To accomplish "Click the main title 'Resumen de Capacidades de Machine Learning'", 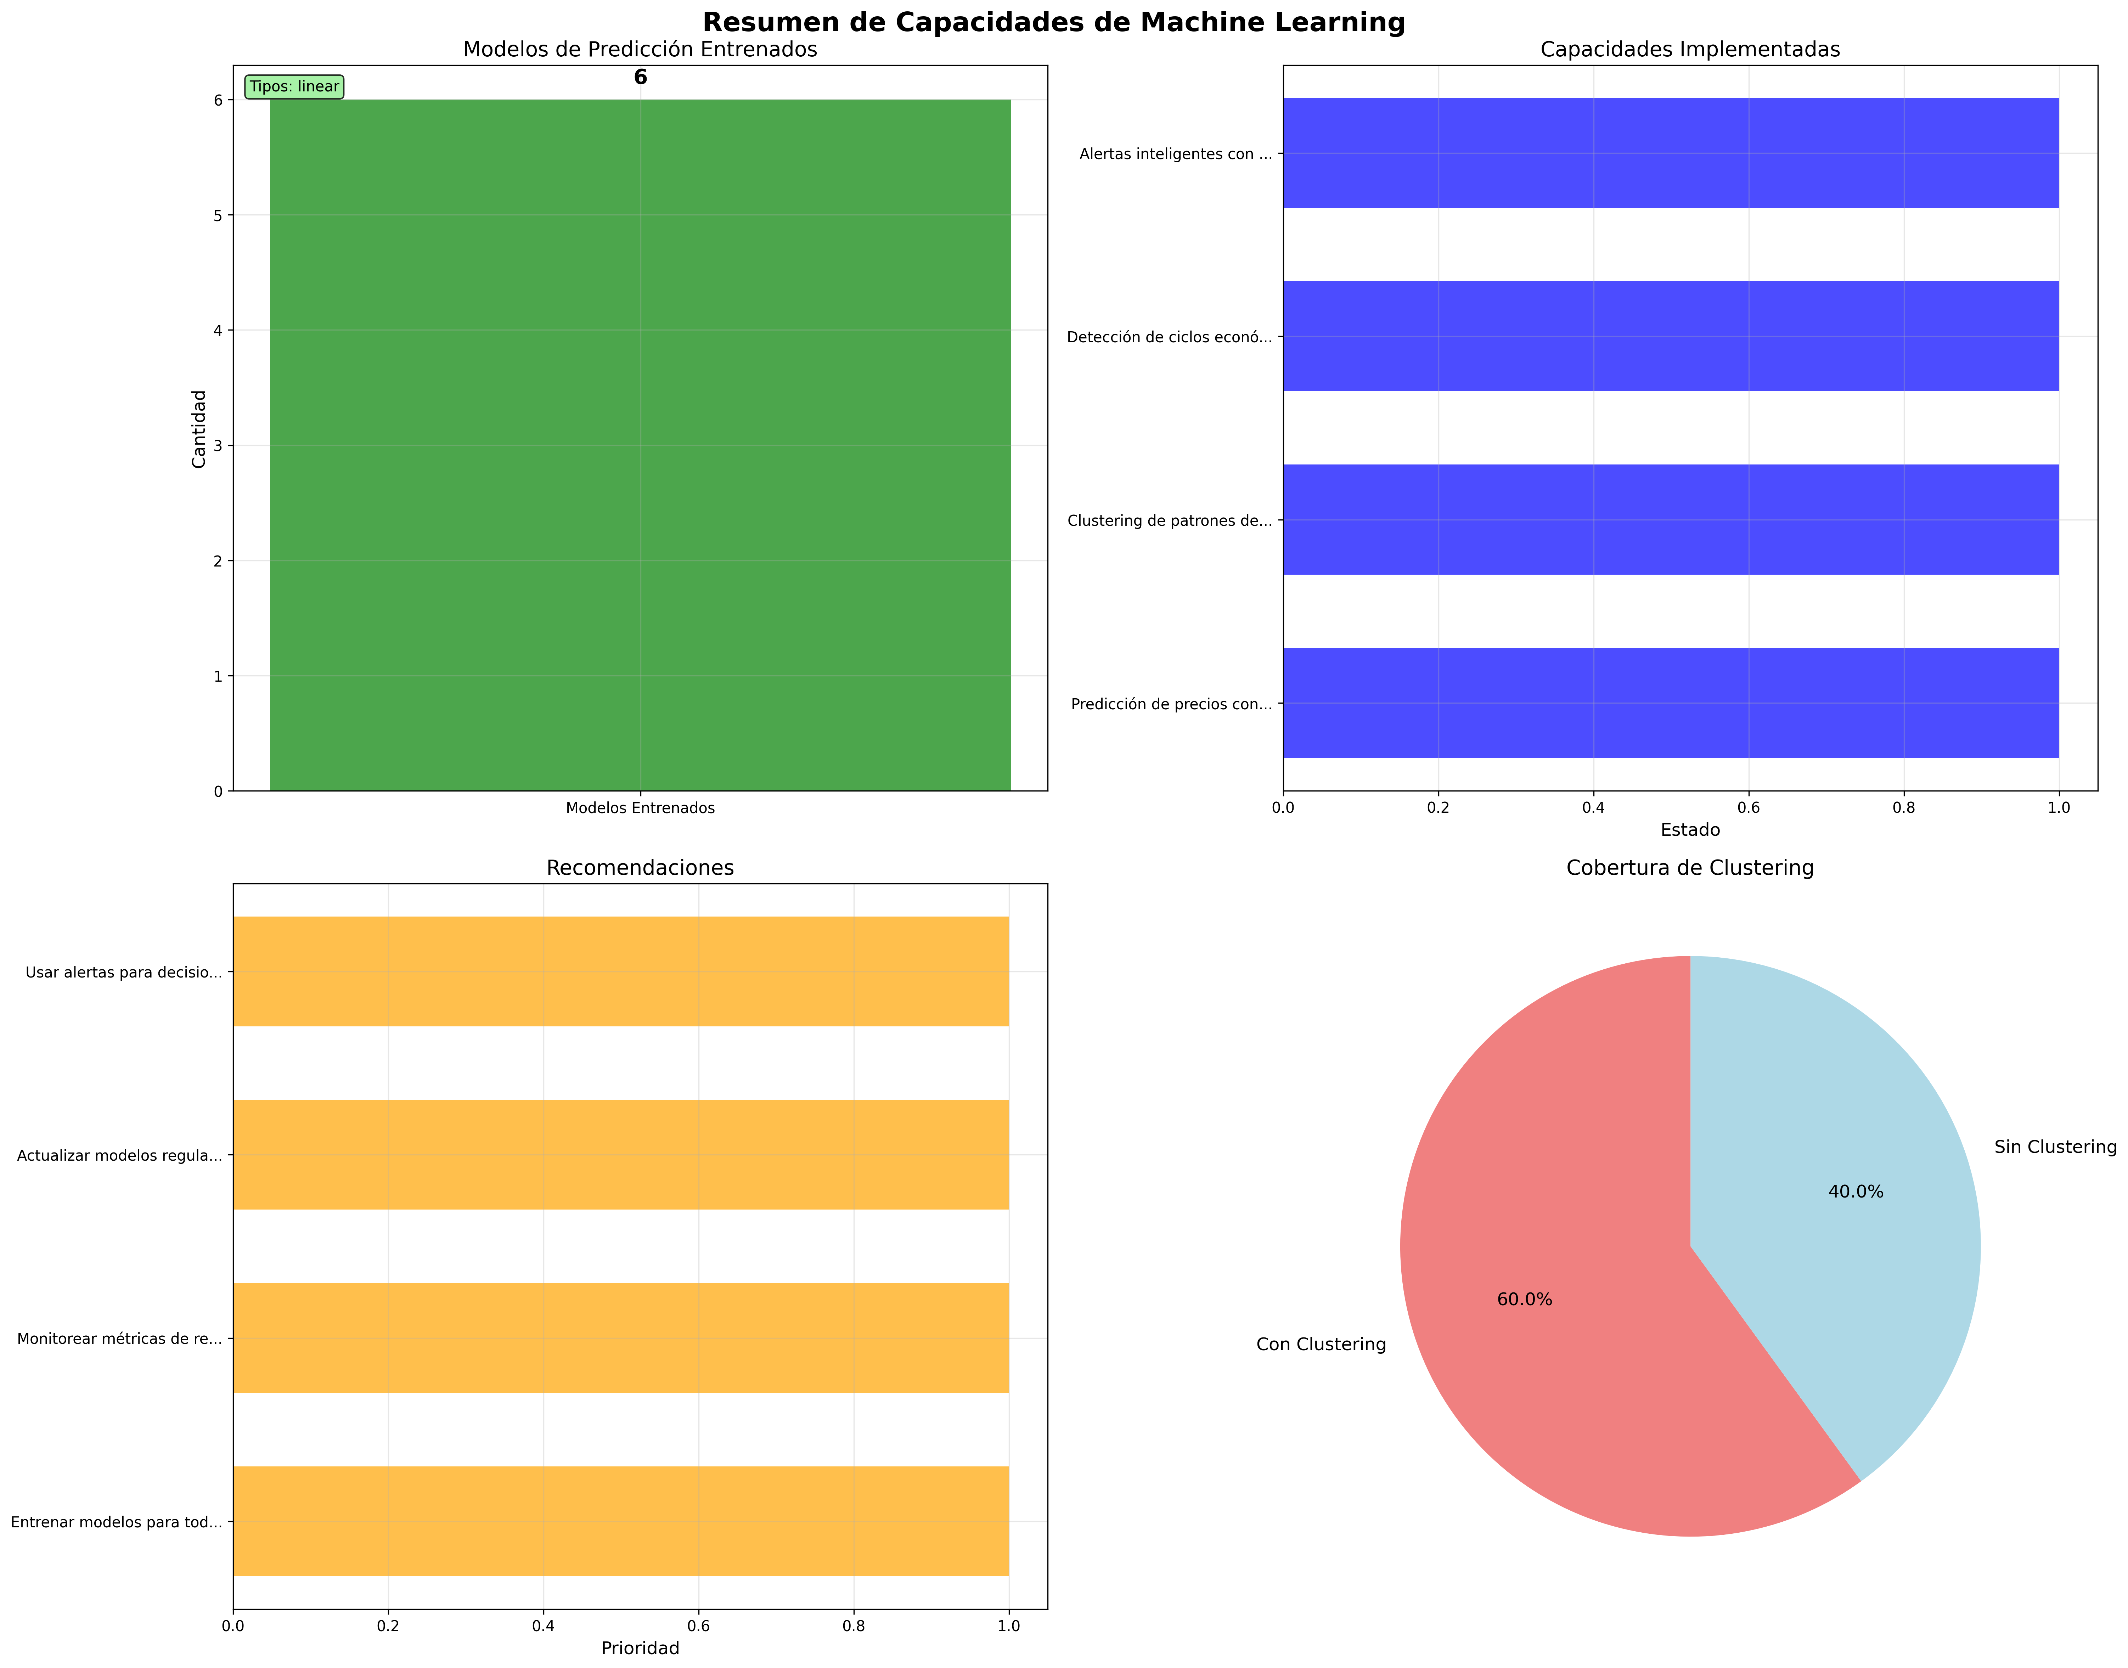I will (1053, 22).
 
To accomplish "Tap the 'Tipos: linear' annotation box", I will (294, 87).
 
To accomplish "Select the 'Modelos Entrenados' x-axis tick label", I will (640, 808).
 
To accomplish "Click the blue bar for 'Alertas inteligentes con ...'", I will (1670, 153).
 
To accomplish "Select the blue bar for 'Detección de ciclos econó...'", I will (1670, 337).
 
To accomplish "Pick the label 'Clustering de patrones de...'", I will (1169, 520).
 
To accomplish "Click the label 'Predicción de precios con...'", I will (1171, 704).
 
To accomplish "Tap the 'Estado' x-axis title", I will (1689, 830).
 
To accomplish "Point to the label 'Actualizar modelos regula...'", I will (119, 1155).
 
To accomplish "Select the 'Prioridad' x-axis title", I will (640, 1649).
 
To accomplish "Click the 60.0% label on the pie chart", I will (1525, 1300).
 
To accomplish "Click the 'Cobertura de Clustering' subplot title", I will (1689, 868).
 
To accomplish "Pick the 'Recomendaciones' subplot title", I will (640, 868).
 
